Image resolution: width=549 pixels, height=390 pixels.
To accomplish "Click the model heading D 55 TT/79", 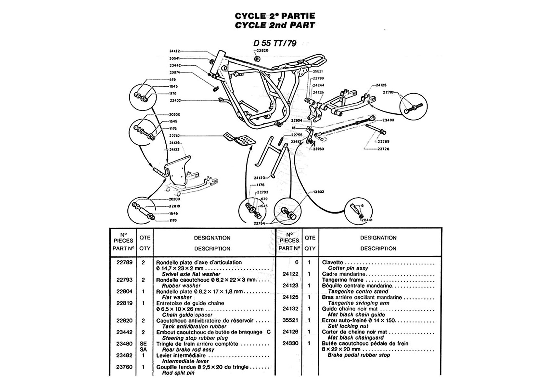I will [x=275, y=44].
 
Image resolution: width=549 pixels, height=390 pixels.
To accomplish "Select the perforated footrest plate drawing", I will [x=240, y=138].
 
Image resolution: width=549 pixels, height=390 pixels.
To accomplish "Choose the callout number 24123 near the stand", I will [x=260, y=178].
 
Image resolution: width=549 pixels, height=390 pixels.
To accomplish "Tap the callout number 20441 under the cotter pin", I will [x=367, y=220].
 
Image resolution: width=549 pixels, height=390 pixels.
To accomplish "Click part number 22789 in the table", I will [x=124, y=262].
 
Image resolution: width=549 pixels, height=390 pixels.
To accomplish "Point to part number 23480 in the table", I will [x=124, y=344].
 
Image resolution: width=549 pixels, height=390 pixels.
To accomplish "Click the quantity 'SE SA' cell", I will [x=143, y=347].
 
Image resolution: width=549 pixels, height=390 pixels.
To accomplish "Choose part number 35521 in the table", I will [x=290, y=320].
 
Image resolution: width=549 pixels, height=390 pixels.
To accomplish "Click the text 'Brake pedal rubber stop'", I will [x=359, y=355].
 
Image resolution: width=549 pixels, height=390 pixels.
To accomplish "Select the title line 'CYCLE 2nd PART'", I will [x=275, y=25].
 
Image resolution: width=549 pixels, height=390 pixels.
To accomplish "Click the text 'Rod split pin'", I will [x=178, y=373].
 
